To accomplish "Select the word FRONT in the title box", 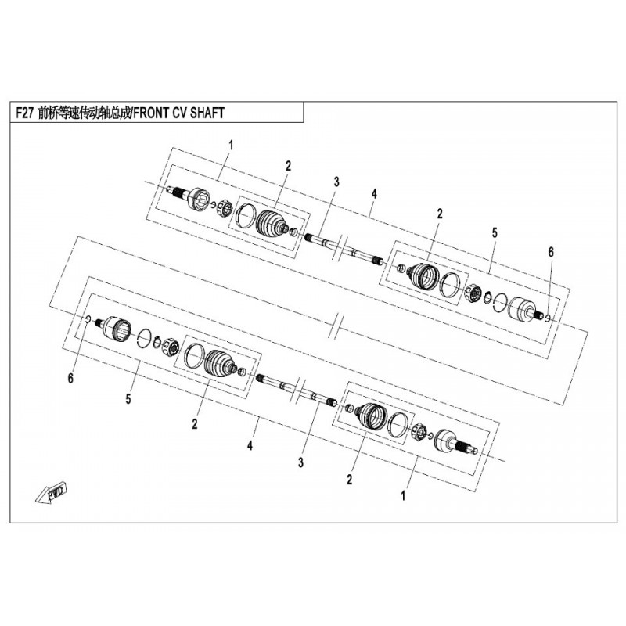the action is pyautogui.click(x=150, y=113).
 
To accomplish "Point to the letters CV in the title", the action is pyautogui.click(x=179, y=113).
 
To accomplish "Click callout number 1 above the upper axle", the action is pyautogui.click(x=230, y=146).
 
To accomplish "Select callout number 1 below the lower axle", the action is pyautogui.click(x=403, y=496).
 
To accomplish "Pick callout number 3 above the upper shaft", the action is pyautogui.click(x=336, y=182).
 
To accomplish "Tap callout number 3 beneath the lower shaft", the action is pyautogui.click(x=300, y=462).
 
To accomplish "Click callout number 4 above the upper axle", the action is pyautogui.click(x=374, y=194).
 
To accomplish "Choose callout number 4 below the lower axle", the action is pyautogui.click(x=250, y=445).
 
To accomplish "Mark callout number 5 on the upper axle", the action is pyautogui.click(x=495, y=232).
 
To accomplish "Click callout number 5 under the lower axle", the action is pyautogui.click(x=128, y=399).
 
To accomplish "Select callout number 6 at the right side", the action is pyautogui.click(x=551, y=252).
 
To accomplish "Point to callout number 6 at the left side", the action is pyautogui.click(x=70, y=378).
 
